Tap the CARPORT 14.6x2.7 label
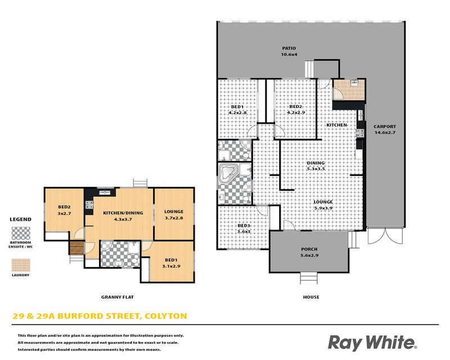pos(385,129)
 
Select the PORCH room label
pos(309,252)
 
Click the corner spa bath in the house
pos(228,172)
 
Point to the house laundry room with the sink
pos(349,89)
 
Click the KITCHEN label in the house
pos(336,125)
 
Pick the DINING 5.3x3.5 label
pos(316,165)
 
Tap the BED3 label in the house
pos(244,228)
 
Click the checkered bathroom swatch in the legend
pos(21,233)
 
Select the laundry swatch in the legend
pos(21,265)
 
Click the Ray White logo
pos(372,343)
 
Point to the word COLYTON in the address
pos(166,316)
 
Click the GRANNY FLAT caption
pos(118,297)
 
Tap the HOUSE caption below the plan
pos(311,297)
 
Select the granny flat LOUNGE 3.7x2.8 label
pos(174,215)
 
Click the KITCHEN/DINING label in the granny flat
pos(123,216)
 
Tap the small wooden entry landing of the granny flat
pos(76,248)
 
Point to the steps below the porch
pos(309,278)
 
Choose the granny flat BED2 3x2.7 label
pos(64,210)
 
